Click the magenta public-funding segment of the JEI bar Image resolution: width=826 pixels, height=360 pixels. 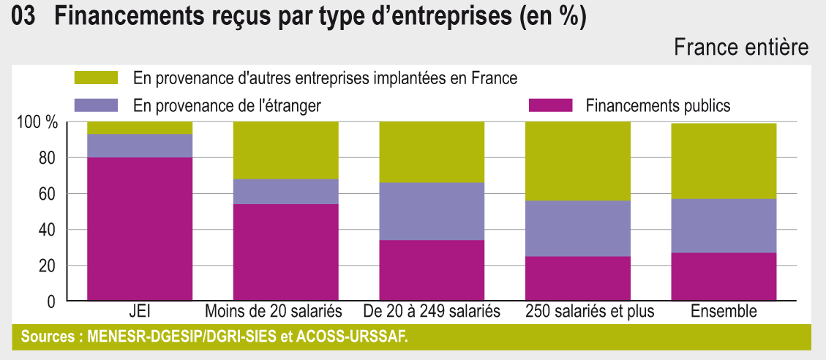(140, 229)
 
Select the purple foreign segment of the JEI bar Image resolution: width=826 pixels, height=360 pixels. (140, 146)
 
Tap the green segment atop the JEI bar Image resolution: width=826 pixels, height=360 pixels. (140, 128)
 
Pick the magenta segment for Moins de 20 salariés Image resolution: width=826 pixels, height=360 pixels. (286, 252)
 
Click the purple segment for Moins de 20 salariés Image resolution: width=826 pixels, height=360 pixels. (286, 192)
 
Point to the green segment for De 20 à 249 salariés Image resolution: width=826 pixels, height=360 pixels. (432, 152)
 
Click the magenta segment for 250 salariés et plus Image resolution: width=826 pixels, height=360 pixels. (578, 279)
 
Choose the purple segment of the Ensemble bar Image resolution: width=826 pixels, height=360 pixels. (724, 225)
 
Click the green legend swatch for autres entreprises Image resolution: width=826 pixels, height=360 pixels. (96, 78)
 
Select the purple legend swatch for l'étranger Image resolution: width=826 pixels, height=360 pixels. (96, 105)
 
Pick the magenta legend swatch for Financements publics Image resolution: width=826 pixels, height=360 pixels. (549, 105)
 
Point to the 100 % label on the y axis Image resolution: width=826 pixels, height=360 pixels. (37, 122)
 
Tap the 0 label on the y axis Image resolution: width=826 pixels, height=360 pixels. (51, 301)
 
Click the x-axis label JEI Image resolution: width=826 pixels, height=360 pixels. (140, 312)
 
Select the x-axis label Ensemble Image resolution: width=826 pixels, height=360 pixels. (724, 312)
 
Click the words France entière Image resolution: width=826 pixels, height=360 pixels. (740, 48)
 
